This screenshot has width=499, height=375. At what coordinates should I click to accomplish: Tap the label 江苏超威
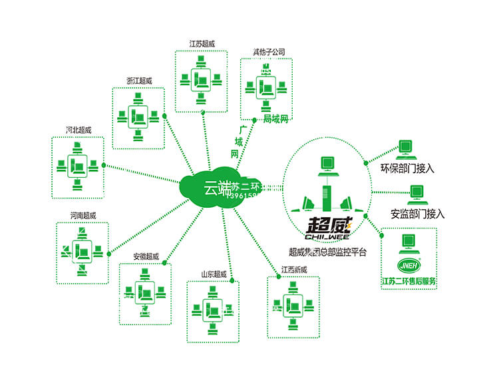point(202,44)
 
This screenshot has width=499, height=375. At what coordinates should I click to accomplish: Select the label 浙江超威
point(139,81)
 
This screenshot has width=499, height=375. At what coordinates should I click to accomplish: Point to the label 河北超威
point(78,129)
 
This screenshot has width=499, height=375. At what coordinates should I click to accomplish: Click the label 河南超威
point(83,215)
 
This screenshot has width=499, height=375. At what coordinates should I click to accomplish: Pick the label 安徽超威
point(146,256)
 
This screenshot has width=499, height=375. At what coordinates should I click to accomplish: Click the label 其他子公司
point(268,51)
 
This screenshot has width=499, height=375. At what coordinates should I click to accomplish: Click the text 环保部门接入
point(407,169)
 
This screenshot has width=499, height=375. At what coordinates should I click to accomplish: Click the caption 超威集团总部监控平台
point(327,252)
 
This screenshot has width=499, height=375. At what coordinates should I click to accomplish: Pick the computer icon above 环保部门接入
point(405,148)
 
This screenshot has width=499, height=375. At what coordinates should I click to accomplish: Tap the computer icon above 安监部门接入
point(418,193)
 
